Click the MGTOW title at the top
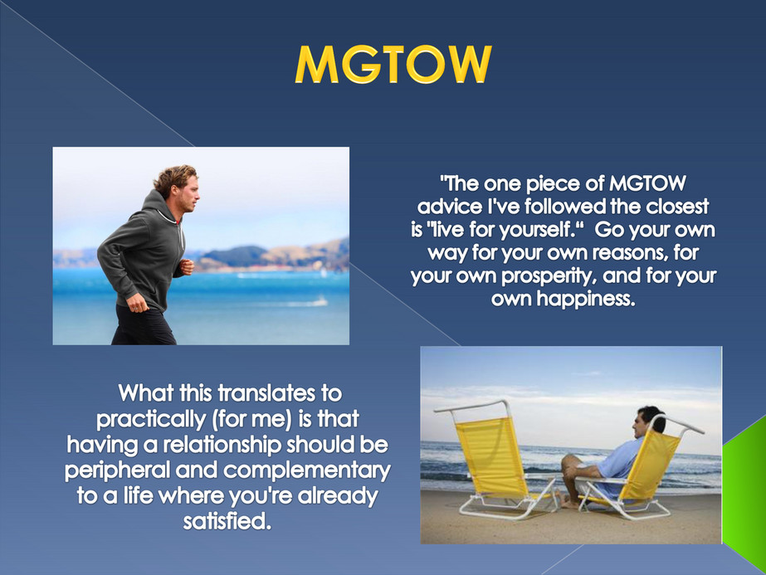point(393,64)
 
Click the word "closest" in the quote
point(672,204)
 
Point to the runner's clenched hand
point(187,267)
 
